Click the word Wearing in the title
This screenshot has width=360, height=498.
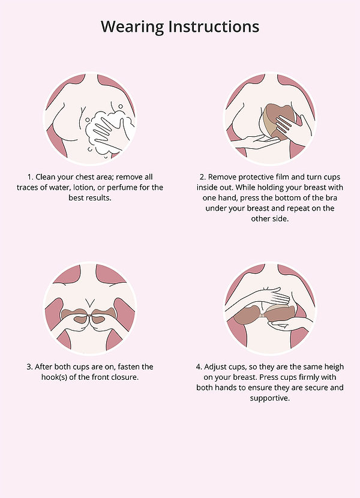tap(133, 27)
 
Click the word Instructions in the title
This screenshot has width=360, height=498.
tap(214, 26)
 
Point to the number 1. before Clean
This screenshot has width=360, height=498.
tap(30, 177)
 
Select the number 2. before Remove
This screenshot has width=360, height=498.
tap(203, 177)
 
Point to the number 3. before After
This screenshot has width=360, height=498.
tap(29, 367)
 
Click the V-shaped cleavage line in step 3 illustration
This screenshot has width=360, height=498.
tap(90, 302)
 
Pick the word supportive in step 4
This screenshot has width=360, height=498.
tap(270, 398)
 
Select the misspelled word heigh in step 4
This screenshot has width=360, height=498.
tap(334, 367)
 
